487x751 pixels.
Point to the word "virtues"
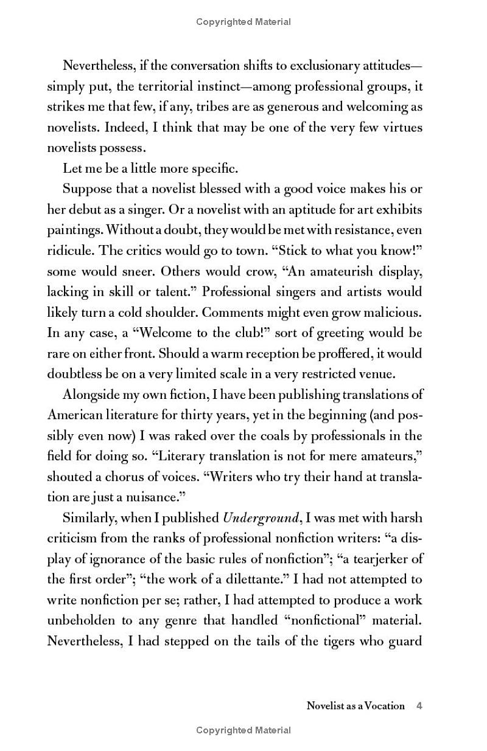pyautogui.click(x=401, y=128)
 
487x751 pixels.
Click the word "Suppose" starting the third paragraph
pyautogui.click(x=85, y=189)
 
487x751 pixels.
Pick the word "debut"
pyautogui.click(x=86, y=210)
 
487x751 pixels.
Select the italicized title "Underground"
pyautogui.click(x=251, y=519)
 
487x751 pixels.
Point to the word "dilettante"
pyautogui.click(x=242, y=580)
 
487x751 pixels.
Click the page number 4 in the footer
pyautogui.click(x=419, y=706)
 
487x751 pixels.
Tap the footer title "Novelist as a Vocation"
pyautogui.click(x=356, y=706)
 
